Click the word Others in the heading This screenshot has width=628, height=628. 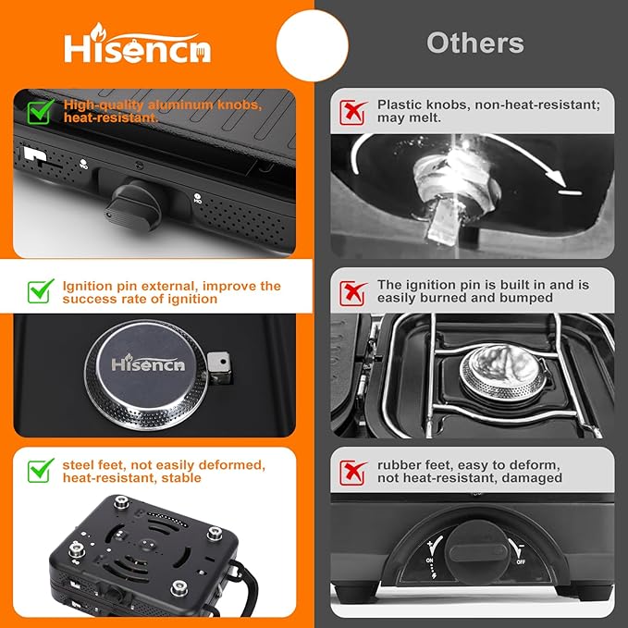pos(474,43)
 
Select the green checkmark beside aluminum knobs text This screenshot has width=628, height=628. pos(40,112)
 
